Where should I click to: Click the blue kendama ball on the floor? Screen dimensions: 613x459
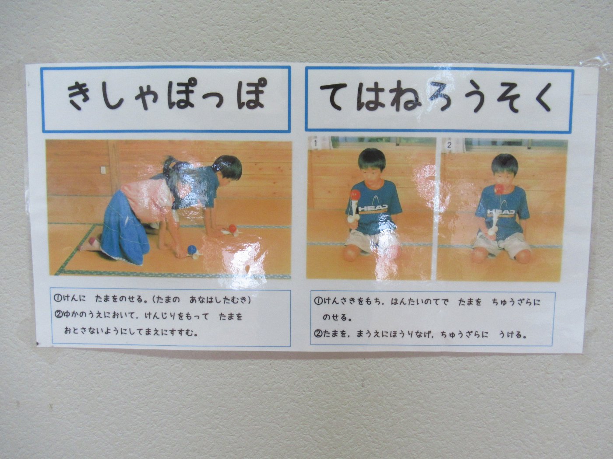click(192, 249)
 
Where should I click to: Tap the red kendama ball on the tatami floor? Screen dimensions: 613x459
click(232, 228)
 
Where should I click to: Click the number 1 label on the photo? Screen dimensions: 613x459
click(316, 144)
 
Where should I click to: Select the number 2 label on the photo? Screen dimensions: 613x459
click(449, 145)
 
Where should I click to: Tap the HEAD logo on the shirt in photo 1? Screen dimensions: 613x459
click(373, 208)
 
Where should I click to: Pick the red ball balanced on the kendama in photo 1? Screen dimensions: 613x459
click(355, 193)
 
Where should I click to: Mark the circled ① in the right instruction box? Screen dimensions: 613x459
click(318, 302)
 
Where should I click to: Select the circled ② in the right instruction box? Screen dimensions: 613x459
click(318, 334)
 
